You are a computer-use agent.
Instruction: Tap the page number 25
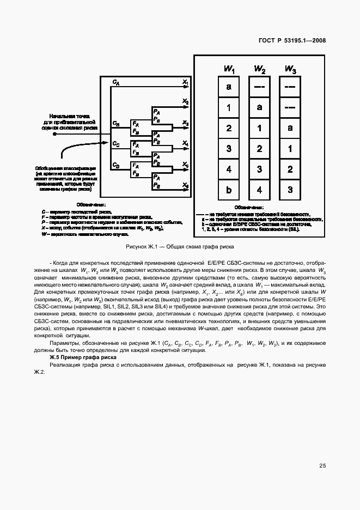tap(322, 466)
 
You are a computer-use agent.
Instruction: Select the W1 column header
tap(229, 69)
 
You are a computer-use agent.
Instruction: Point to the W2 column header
tap(260, 69)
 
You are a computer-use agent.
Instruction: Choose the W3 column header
tap(291, 69)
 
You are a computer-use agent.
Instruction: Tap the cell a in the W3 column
tap(291, 128)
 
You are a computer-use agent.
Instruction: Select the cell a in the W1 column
tap(229, 87)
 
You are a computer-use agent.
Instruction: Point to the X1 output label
tap(186, 82)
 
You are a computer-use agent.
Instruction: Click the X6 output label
tap(186, 186)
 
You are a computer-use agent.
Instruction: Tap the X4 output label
tap(186, 143)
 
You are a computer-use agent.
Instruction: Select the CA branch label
tap(116, 82)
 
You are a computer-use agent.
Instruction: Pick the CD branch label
tap(116, 165)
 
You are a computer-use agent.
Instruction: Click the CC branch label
tap(116, 144)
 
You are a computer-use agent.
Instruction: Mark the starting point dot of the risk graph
tap(54, 138)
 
